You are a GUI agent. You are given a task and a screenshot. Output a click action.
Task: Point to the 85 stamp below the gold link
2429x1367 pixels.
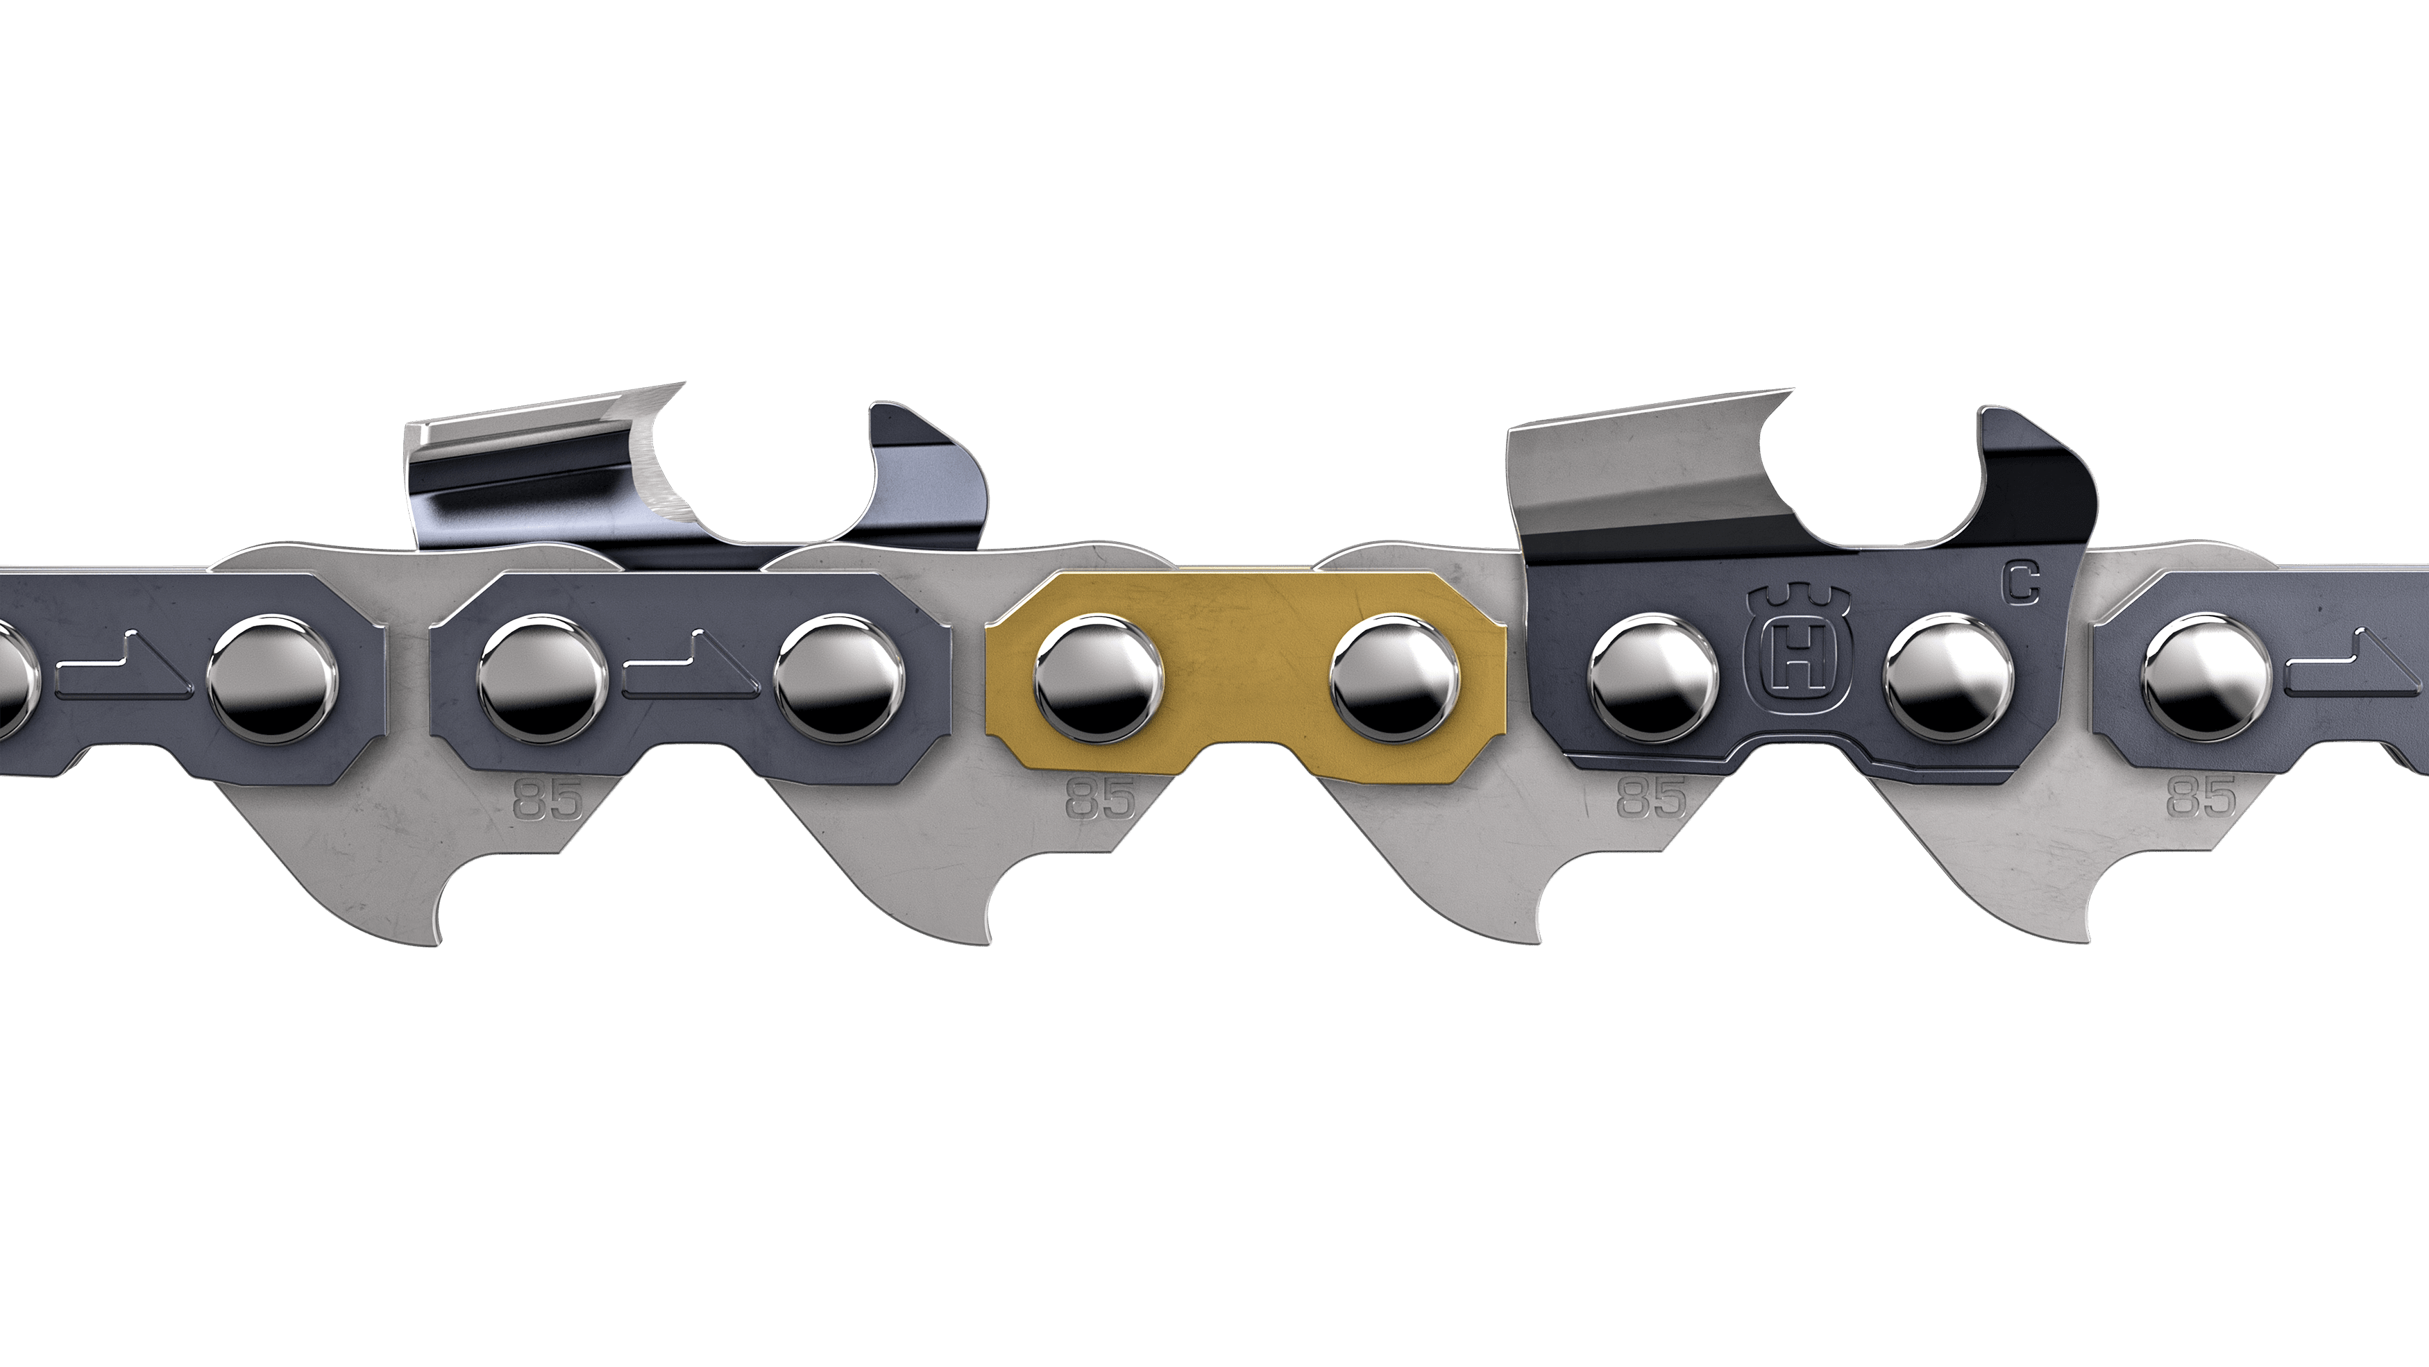coord(1101,800)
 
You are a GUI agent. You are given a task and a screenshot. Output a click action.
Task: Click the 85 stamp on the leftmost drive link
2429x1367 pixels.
coord(549,800)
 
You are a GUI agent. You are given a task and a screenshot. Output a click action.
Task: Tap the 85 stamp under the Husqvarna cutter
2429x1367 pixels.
coord(1651,800)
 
